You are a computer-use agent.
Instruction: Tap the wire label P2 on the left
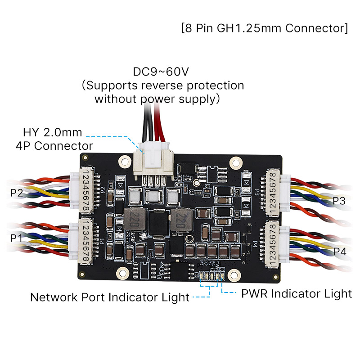pos(17,193)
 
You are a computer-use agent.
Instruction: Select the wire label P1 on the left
pos(17,237)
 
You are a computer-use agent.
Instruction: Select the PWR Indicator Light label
pos(296,294)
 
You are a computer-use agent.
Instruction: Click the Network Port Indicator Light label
pos(109,297)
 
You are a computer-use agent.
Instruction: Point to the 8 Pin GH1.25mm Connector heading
pos(264,28)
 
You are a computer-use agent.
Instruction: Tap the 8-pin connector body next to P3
pos(273,192)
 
